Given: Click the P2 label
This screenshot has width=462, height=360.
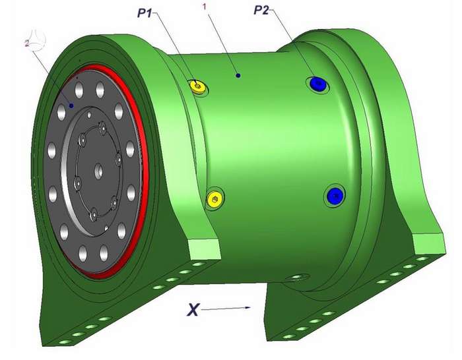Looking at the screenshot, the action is coord(261,11).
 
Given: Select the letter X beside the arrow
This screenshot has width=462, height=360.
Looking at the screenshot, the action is coord(193,311).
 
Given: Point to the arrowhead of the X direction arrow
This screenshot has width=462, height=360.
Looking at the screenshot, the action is coord(247,308).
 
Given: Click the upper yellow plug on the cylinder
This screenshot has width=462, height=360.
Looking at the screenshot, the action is coord(198,86).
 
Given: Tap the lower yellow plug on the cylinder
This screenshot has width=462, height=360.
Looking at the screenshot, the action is coord(215,198).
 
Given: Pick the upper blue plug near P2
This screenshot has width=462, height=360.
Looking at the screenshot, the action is coord(317,84).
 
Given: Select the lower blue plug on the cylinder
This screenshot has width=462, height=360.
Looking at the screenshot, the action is coord(335,195).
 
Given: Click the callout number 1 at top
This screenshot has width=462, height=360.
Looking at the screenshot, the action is coord(205,7).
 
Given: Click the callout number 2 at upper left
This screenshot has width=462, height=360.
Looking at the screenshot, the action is coord(27,44).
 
